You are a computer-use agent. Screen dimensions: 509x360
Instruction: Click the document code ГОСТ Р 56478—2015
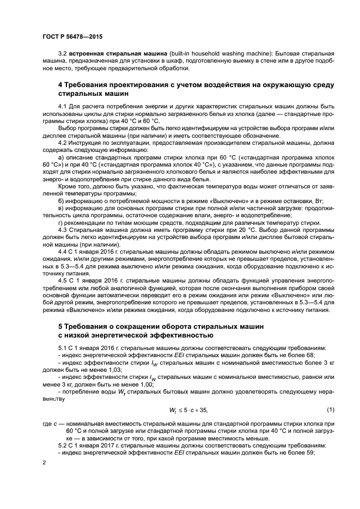[x=72, y=36]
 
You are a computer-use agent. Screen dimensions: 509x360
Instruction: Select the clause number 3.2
[x=62, y=55]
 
